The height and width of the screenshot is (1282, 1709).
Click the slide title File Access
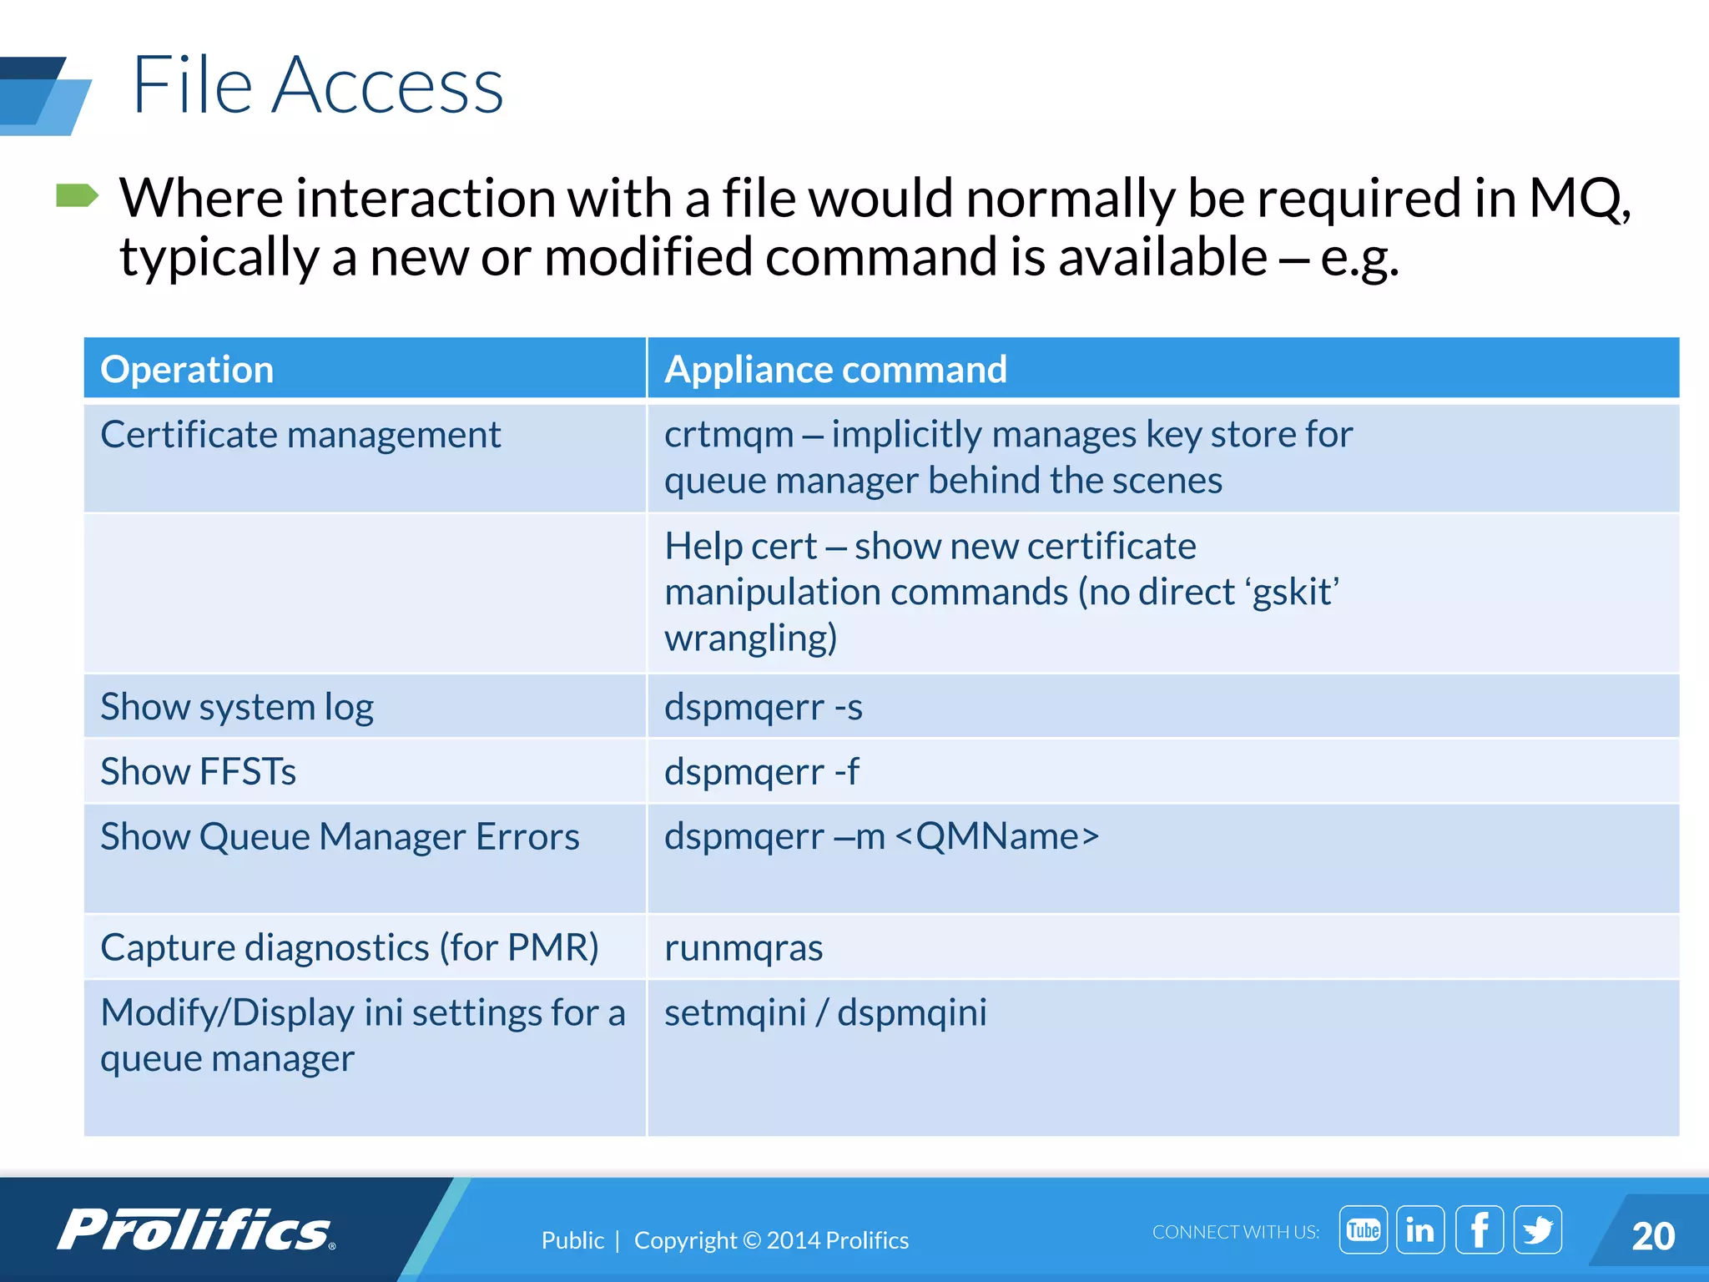pos(317,85)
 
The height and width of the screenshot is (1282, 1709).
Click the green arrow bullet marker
pos(77,196)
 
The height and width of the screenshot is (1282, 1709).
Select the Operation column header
pos(187,370)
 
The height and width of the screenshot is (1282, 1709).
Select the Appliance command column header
pos(835,370)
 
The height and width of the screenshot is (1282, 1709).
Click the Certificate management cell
pos(300,435)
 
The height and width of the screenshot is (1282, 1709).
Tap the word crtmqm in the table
pos(728,435)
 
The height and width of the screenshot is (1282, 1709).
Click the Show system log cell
pos(237,707)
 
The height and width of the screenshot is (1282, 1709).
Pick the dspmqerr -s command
pos(763,707)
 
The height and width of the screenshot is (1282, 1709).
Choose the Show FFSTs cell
pos(198,771)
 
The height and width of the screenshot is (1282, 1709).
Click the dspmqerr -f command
pos(761,771)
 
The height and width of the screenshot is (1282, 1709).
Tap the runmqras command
pos(743,948)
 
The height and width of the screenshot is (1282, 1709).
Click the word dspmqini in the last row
pos(911,1012)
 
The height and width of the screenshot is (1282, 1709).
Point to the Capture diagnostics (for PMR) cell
pos(349,948)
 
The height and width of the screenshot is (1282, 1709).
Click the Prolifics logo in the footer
pos(196,1230)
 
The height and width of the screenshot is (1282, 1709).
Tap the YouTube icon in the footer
pos(1363,1229)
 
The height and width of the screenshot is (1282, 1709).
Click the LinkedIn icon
pos(1420,1229)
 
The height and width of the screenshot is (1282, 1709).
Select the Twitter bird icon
pos(1537,1229)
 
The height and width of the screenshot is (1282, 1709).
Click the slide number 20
pos(1652,1236)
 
